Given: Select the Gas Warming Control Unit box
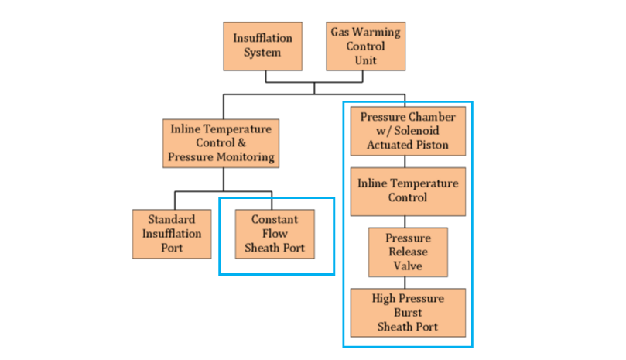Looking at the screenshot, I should [366, 46].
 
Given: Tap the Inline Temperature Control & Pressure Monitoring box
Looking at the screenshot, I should [221, 143].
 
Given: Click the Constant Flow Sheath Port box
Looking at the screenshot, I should [275, 234].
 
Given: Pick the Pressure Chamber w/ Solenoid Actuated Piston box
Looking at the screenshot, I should [408, 131].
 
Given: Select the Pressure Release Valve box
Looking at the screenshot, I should [408, 252].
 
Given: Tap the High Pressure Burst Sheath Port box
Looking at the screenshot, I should [408, 312].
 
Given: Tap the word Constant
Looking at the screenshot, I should [275, 220].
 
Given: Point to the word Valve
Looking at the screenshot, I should [408, 266].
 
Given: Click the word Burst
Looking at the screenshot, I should [408, 312].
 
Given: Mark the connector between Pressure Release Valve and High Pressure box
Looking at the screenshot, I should [408, 283].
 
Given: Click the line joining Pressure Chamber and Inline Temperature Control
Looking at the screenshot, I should [405, 162].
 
